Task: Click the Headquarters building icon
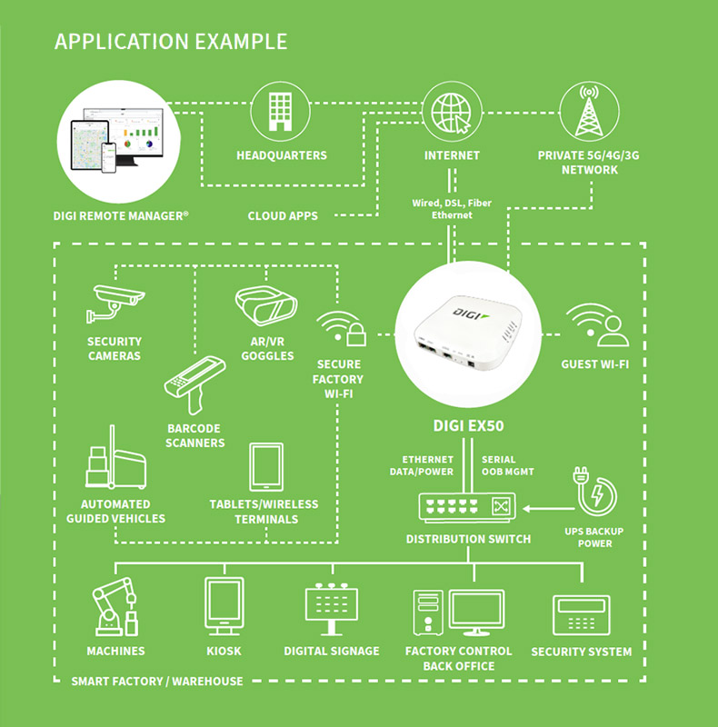pyautogui.click(x=281, y=111)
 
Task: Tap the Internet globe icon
pyautogui.click(x=452, y=111)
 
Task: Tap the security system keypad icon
pyautogui.click(x=581, y=617)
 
